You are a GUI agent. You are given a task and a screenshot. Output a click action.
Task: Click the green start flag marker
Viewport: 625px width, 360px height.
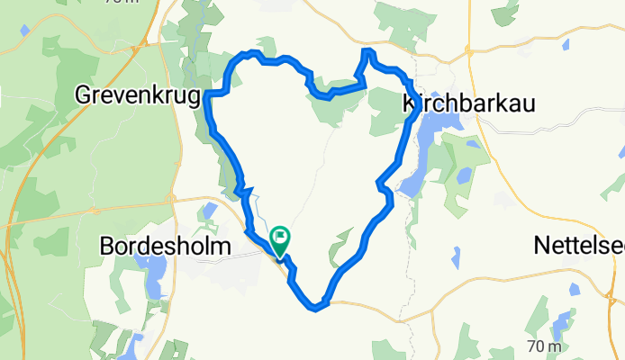click(x=280, y=240)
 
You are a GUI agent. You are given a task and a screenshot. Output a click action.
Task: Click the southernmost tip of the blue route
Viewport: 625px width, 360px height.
click(x=315, y=310)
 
